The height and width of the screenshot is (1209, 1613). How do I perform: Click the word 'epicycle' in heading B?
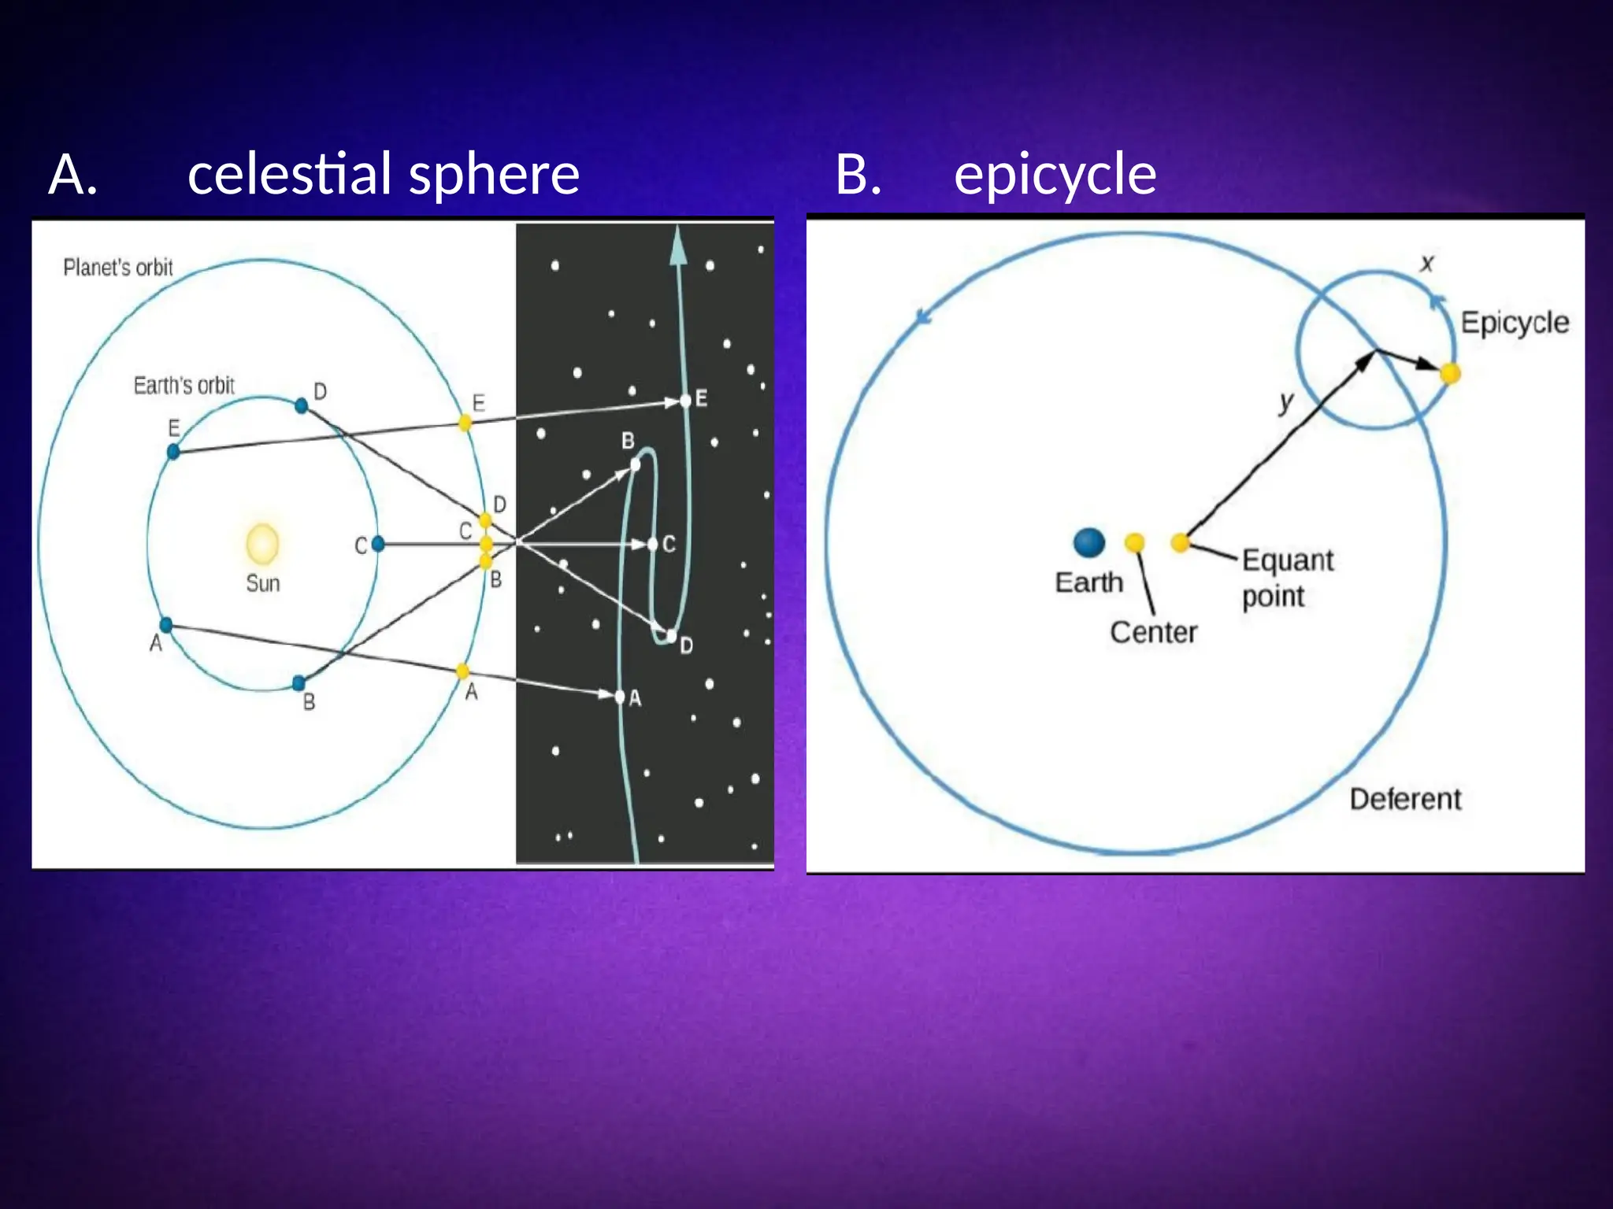1055,175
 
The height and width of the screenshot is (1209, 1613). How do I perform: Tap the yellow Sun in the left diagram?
262,544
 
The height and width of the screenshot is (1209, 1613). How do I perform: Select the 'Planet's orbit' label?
118,268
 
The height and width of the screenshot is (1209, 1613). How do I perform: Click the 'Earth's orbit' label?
184,386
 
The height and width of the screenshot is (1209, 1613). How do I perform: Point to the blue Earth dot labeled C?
378,543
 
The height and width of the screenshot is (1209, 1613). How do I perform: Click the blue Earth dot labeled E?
173,451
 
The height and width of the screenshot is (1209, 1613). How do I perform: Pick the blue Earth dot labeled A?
166,626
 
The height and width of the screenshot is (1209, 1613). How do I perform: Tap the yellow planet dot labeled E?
465,423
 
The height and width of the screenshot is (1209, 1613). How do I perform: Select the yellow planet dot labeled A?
462,671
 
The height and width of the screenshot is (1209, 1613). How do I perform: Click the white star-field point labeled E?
685,401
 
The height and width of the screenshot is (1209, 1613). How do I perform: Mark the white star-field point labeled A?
619,697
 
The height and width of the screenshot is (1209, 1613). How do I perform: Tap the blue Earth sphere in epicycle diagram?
1089,542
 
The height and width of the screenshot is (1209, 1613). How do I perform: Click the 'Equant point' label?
1287,578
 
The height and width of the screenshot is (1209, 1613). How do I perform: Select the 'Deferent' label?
1405,800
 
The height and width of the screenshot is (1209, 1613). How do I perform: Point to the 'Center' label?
1153,633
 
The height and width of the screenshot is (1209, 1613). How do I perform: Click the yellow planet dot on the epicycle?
1450,373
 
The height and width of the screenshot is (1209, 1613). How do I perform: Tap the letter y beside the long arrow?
1285,403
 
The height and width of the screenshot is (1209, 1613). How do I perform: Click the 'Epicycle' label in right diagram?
1514,323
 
